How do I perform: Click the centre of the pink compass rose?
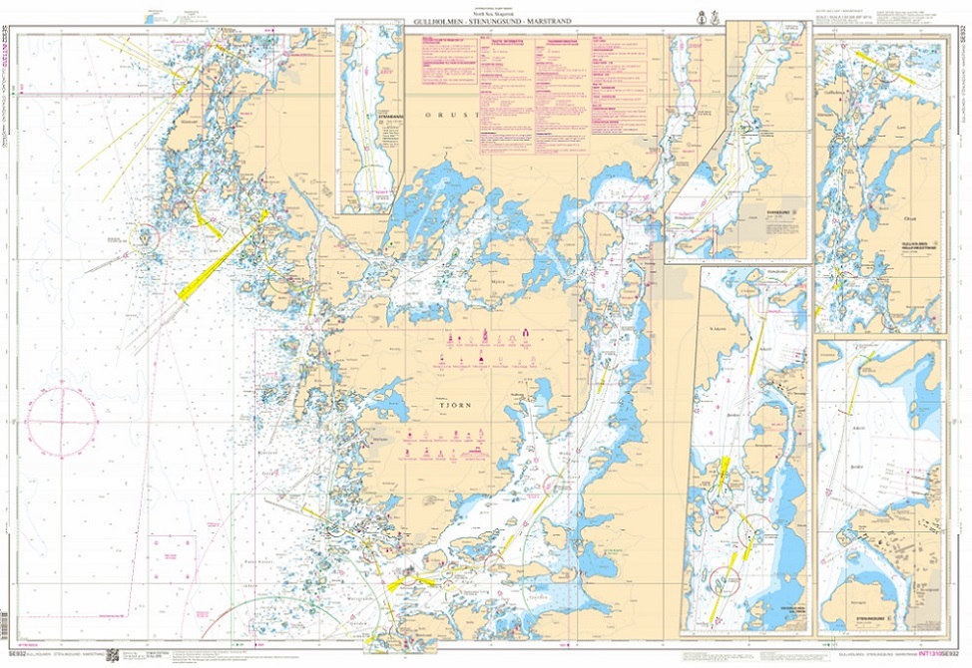61,419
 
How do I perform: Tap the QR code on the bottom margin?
112,655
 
